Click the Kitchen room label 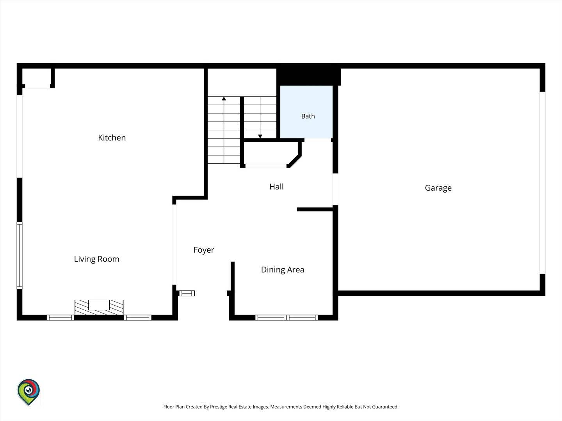(x=112, y=138)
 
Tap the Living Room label (x=97, y=259)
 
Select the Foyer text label (x=204, y=250)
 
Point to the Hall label (x=277, y=187)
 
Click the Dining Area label (x=283, y=270)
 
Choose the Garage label (x=438, y=188)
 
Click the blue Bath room (x=306, y=112)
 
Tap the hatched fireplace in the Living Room (x=99, y=307)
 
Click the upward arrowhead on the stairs (x=224, y=98)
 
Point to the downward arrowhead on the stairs (x=260, y=136)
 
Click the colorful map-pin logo (x=28, y=392)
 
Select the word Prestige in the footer (x=219, y=407)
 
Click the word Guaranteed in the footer (x=385, y=407)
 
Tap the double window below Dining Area (x=286, y=318)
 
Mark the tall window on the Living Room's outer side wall (x=20, y=256)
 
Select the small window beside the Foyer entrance (x=187, y=293)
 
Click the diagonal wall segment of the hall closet (x=294, y=161)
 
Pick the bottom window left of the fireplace (x=60, y=318)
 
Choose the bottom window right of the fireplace (x=138, y=318)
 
